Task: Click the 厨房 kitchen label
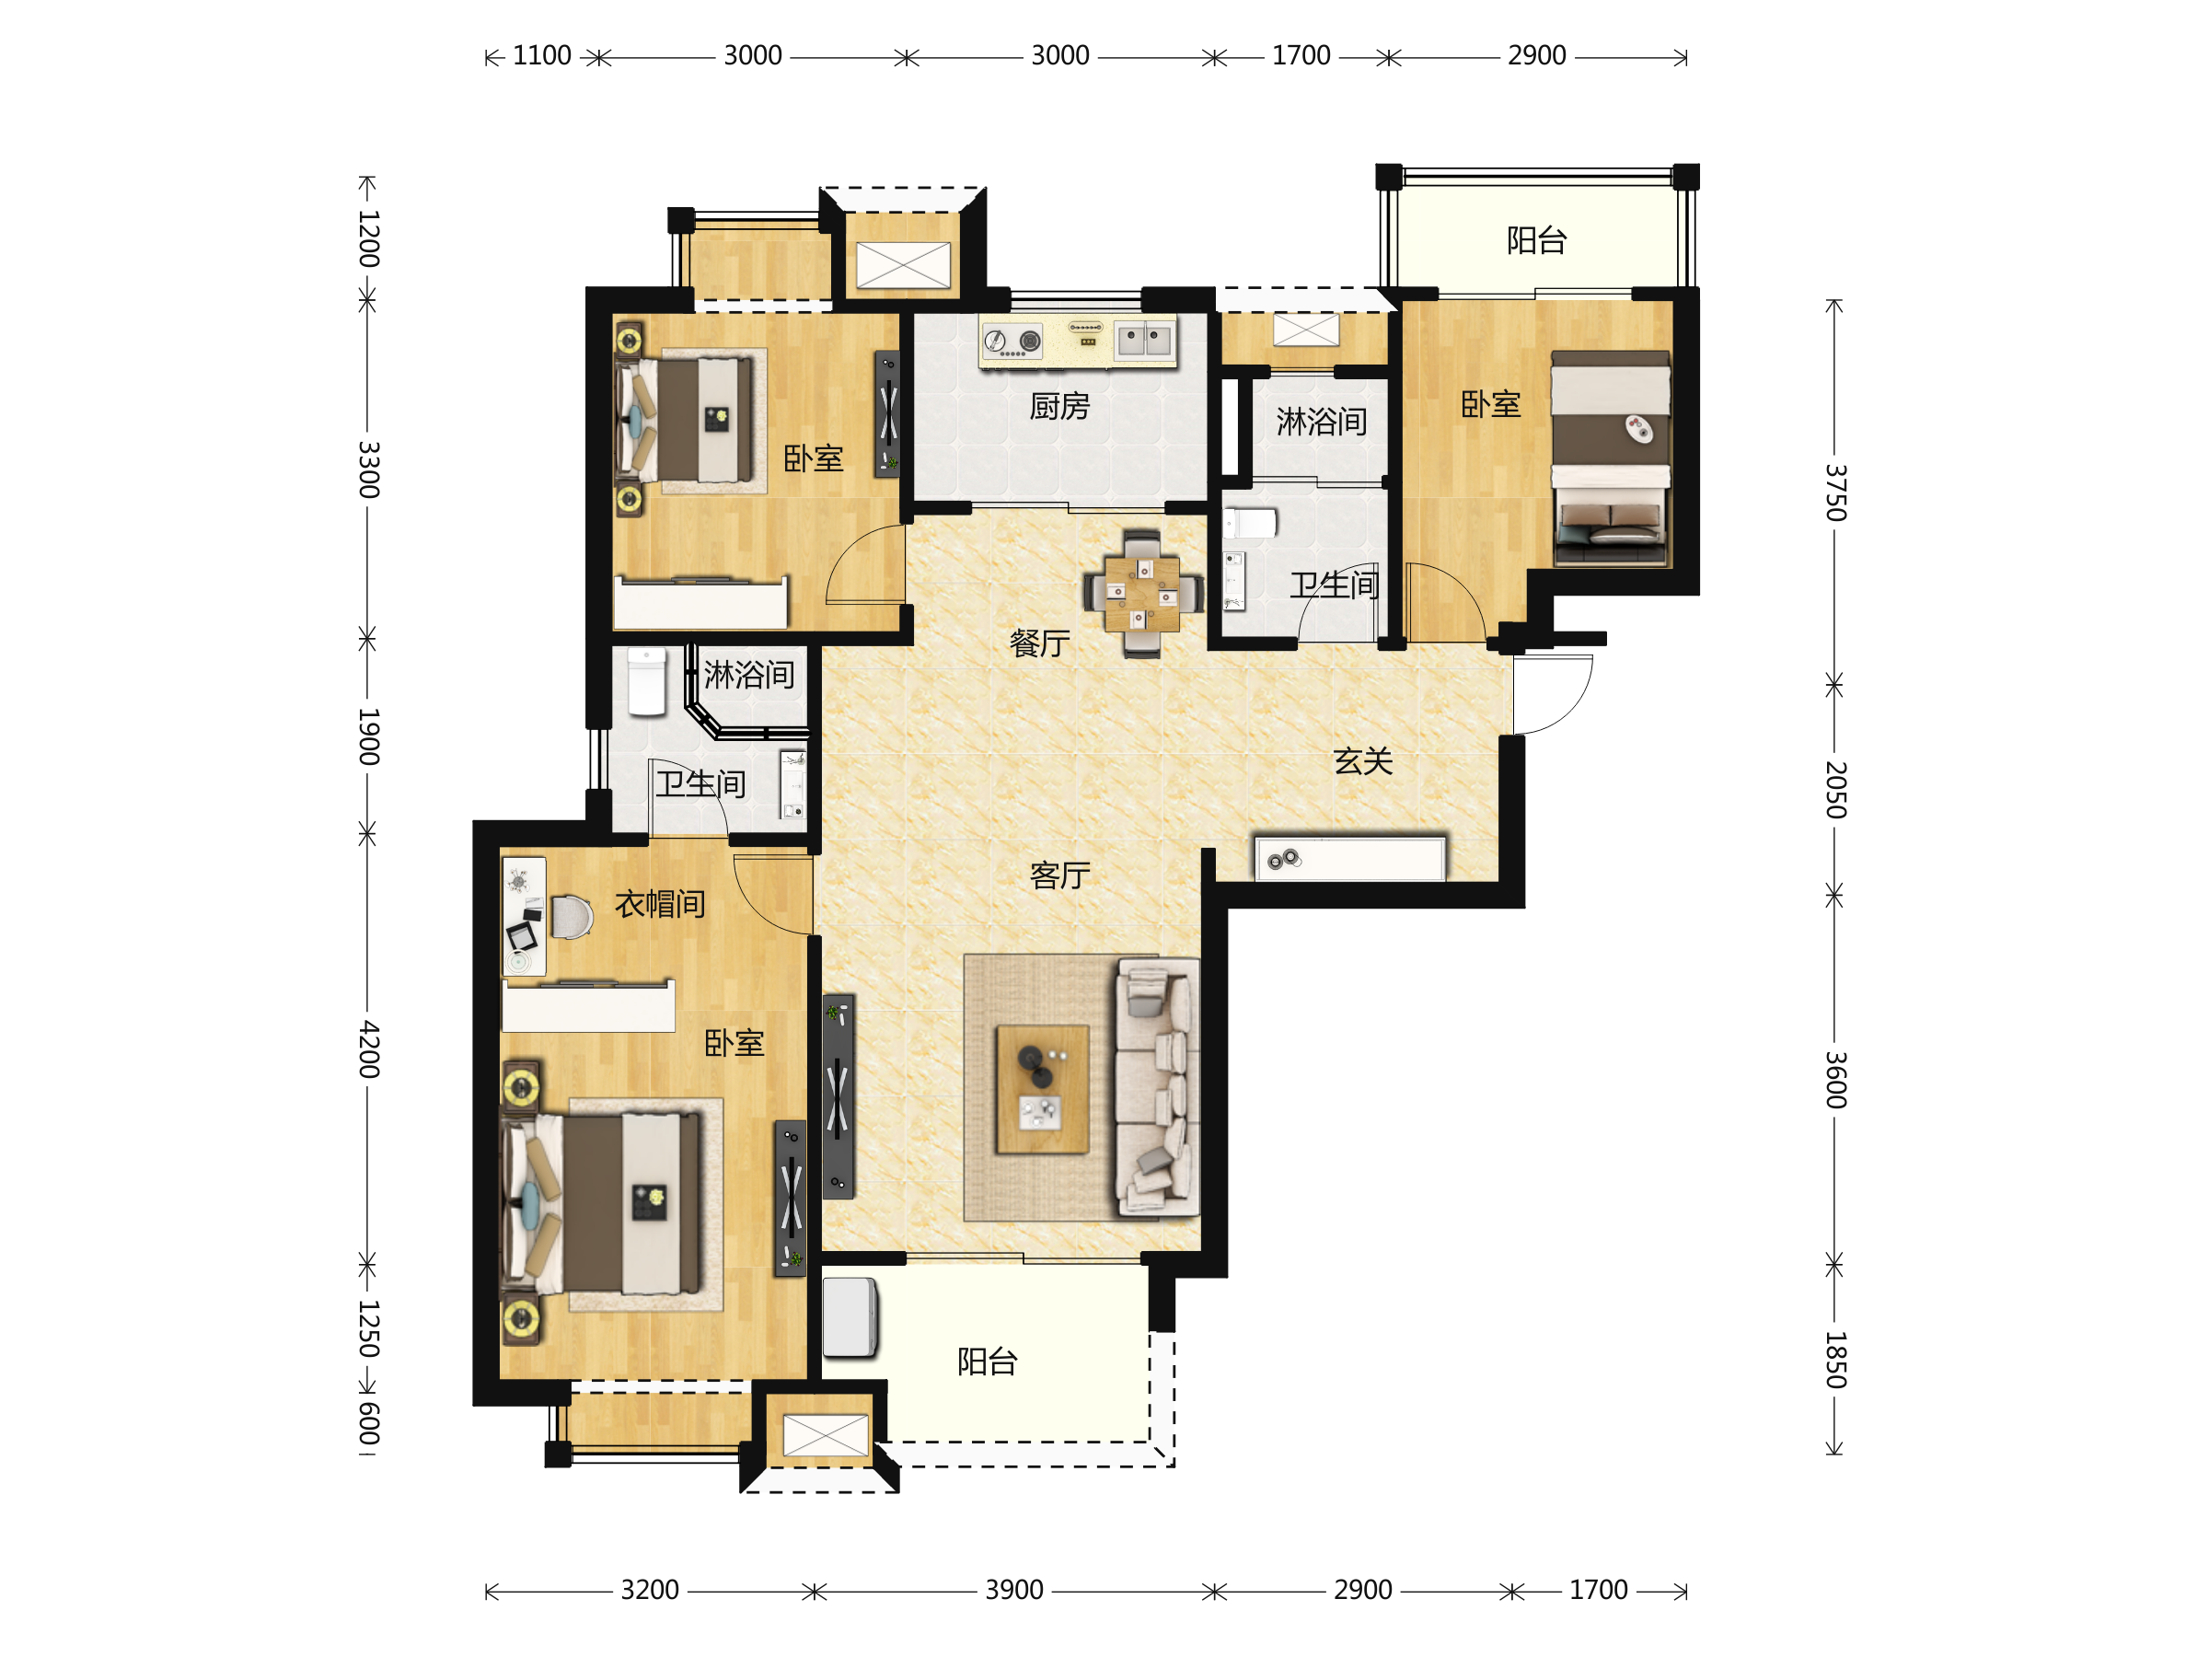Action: click(x=1059, y=407)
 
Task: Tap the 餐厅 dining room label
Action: click(x=1039, y=643)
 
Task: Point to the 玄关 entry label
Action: click(x=1363, y=762)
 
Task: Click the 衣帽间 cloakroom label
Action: click(x=660, y=904)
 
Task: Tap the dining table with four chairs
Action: click(x=1142, y=593)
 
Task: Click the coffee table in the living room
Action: click(x=1043, y=1089)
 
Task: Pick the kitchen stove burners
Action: click(x=1012, y=342)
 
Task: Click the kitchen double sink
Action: click(x=1143, y=340)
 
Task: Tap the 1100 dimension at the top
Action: click(x=542, y=56)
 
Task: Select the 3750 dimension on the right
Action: click(x=1835, y=492)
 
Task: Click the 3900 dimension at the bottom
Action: click(x=1014, y=1590)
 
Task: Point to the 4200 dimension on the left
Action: click(x=368, y=1049)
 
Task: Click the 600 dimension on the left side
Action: click(x=368, y=1423)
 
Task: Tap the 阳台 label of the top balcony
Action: click(x=1537, y=240)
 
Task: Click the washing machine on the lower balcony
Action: click(x=850, y=1317)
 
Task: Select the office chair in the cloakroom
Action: click(x=572, y=917)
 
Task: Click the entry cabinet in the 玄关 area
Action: click(x=1350, y=859)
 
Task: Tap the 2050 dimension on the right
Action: click(x=1835, y=790)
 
